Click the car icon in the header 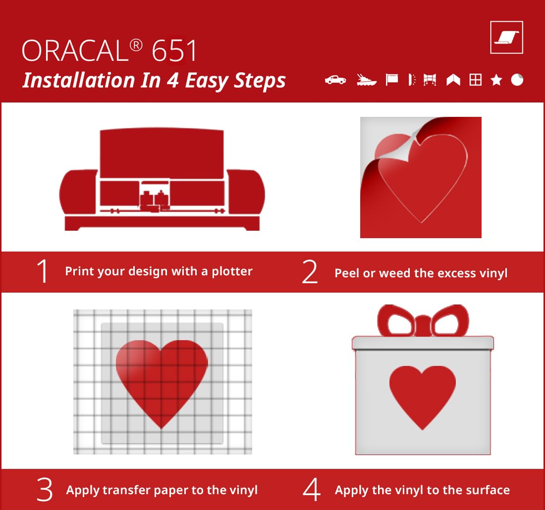point(335,80)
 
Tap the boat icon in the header point(366,80)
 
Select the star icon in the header point(496,80)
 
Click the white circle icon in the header point(517,80)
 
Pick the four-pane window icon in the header point(476,80)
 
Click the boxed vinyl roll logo point(506,38)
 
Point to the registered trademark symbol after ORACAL point(136,46)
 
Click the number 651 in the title point(174,51)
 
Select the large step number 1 point(43,271)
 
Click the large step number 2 point(309,272)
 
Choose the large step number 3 point(45,490)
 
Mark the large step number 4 point(312,489)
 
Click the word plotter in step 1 point(232,271)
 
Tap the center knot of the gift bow point(423,325)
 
